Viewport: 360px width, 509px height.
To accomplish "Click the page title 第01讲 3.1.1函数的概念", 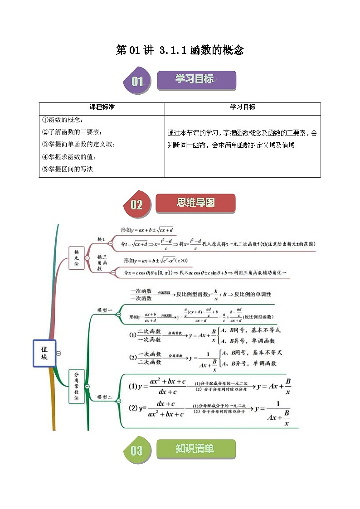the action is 180,50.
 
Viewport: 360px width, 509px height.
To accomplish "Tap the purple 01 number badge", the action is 137,82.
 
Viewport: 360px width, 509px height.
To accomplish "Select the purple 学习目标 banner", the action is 196,80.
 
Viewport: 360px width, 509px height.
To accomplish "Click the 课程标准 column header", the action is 102,107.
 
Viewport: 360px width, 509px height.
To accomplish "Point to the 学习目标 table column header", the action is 243,107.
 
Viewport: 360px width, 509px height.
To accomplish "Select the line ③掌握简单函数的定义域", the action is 78,145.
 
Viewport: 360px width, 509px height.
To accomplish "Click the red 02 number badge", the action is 137,204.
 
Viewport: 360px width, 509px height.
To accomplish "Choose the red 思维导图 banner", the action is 195,203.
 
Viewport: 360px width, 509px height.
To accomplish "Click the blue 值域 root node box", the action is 44,353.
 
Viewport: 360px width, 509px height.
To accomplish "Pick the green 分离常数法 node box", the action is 77,387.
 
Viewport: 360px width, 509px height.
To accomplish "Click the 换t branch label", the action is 101,239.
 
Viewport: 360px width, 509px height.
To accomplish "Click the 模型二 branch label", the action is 105,398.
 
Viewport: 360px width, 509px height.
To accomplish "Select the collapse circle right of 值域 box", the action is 58,353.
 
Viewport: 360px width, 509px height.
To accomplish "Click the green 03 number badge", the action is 136,451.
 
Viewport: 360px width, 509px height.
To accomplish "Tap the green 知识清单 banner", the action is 195,449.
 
